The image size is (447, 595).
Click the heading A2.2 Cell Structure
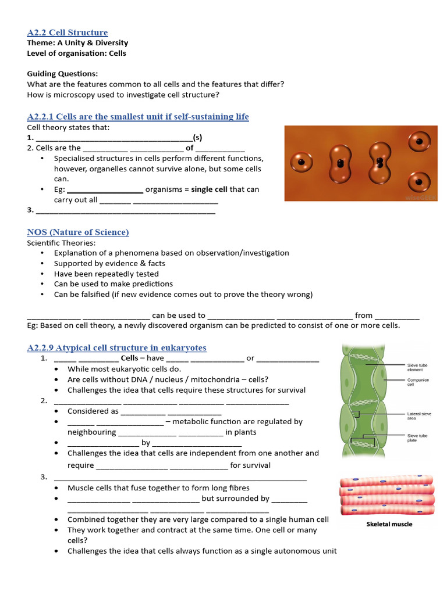(x=67, y=32)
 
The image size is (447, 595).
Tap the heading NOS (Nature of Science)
(x=78, y=232)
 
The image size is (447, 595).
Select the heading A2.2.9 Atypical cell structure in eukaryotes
(x=116, y=347)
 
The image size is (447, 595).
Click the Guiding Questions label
(x=62, y=74)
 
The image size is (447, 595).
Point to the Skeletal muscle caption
(x=389, y=524)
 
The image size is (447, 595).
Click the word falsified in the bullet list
(x=98, y=295)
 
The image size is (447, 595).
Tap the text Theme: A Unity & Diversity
(x=77, y=43)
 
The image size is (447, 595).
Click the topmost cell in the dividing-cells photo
(x=419, y=140)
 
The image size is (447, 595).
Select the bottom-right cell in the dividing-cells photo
(x=419, y=182)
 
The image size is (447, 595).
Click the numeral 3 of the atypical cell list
(x=43, y=477)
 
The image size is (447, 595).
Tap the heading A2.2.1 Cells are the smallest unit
(x=138, y=116)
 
